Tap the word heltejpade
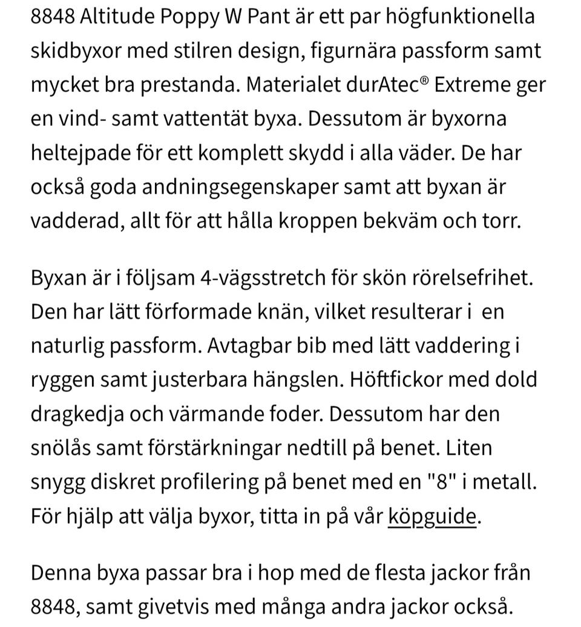tap(85, 152)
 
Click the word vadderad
tap(77, 220)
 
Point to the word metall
tap(511, 482)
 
